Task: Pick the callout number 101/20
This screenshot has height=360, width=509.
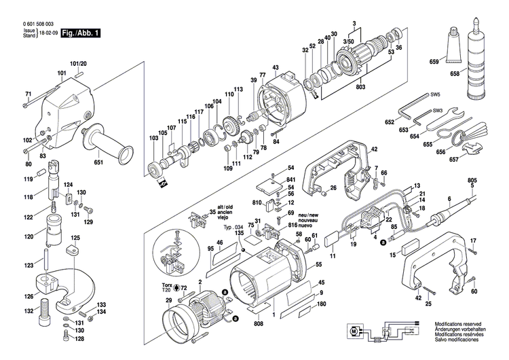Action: click(x=79, y=63)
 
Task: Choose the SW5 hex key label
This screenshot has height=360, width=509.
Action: click(x=433, y=95)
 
